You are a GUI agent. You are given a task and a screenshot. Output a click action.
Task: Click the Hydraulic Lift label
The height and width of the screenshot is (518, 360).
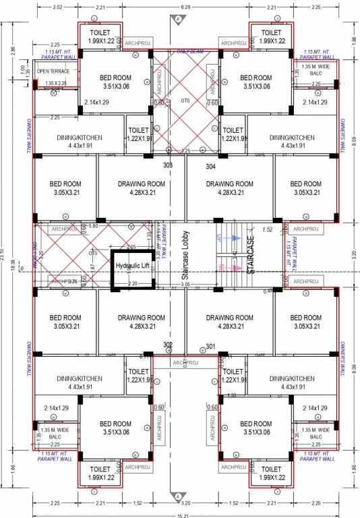pos(132,266)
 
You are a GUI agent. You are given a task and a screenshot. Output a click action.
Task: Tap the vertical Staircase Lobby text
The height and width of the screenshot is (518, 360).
pos(184,256)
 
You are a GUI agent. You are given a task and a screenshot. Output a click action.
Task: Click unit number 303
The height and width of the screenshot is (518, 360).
pos(169,165)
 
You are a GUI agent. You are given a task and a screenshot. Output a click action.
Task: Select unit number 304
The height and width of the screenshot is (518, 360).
pos(210,166)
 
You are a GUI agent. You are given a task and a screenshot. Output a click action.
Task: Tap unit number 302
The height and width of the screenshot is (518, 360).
pos(169,345)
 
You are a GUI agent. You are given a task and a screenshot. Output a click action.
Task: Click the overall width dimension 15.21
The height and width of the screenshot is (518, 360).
pos(179,514)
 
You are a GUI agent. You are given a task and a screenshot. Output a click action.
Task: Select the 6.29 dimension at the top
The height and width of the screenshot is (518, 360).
pos(183,7)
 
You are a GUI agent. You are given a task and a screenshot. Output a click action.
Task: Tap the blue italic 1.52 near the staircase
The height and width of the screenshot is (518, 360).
pos(267,229)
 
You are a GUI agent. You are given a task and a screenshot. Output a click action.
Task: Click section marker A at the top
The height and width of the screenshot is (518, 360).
pos(178,21)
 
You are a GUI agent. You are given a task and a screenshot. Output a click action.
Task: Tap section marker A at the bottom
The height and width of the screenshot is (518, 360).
pos(178,496)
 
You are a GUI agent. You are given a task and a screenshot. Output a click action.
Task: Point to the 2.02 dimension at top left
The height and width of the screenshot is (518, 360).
pos(57,7)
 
